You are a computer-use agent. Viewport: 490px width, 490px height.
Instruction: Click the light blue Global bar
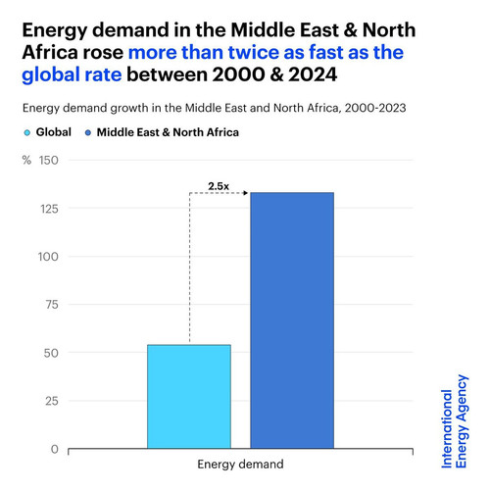(189, 396)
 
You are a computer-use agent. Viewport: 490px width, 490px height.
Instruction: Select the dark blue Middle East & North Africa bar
(292, 320)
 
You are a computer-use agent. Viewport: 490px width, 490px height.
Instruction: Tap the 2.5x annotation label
(219, 186)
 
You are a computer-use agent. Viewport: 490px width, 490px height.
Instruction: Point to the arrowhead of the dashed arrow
(246, 193)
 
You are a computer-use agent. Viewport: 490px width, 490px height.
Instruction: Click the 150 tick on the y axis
(49, 161)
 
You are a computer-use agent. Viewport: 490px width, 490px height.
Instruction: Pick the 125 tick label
(49, 209)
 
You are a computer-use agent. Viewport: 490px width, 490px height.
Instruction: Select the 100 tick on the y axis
(48, 257)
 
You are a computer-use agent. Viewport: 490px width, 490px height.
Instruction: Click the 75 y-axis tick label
(52, 305)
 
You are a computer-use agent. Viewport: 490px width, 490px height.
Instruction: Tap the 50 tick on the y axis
(51, 353)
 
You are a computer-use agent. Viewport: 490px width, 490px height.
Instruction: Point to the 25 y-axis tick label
(52, 401)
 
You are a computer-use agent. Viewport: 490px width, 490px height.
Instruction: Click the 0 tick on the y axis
(55, 449)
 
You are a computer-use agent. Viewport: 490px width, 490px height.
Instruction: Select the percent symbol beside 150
(26, 160)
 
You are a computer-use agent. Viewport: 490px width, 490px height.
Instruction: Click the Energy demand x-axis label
(240, 465)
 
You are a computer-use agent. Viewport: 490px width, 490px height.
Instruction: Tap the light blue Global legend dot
(27, 132)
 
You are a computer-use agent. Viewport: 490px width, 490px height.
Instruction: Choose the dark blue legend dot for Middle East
(88, 132)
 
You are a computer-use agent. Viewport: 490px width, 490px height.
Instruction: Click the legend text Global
(54, 132)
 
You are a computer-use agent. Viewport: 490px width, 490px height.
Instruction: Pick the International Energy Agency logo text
(455, 421)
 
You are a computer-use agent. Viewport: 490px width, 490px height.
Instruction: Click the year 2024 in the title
(313, 74)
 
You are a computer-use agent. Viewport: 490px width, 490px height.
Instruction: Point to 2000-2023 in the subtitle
(375, 108)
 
